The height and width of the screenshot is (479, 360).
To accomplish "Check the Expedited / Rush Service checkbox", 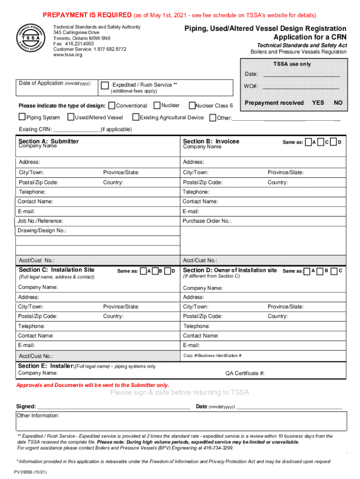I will pos(105,85).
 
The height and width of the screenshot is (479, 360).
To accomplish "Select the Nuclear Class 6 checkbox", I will pos(192,105).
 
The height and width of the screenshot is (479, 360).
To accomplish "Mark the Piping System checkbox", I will pos(22,117).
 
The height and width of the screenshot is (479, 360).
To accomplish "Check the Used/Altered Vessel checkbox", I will pos(71,117).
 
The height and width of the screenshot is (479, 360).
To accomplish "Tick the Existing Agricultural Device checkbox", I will pos(136,117).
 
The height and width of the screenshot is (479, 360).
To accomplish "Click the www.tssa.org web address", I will pos(67,55).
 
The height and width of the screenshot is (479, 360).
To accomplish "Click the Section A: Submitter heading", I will pos(48,141).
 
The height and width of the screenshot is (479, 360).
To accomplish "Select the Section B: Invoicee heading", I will pos(211,141).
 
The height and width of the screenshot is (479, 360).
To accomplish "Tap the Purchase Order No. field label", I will pos(207,221).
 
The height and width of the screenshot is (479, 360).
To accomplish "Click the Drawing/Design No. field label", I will pos(42,231).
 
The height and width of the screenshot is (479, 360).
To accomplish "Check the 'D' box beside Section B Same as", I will pos(333,142).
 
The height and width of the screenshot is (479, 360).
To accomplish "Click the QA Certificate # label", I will pos(245,373).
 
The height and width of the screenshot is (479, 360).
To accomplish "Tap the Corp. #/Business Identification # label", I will pos(212,356).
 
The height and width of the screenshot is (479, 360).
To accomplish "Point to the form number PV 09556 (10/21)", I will pos(30,472).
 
